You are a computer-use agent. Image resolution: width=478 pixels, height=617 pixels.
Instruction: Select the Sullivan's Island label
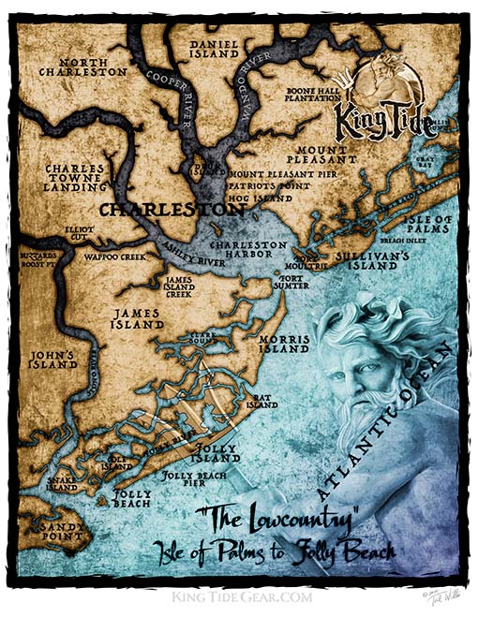coord(375,259)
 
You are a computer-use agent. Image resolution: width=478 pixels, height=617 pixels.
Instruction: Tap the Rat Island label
coord(261,402)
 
